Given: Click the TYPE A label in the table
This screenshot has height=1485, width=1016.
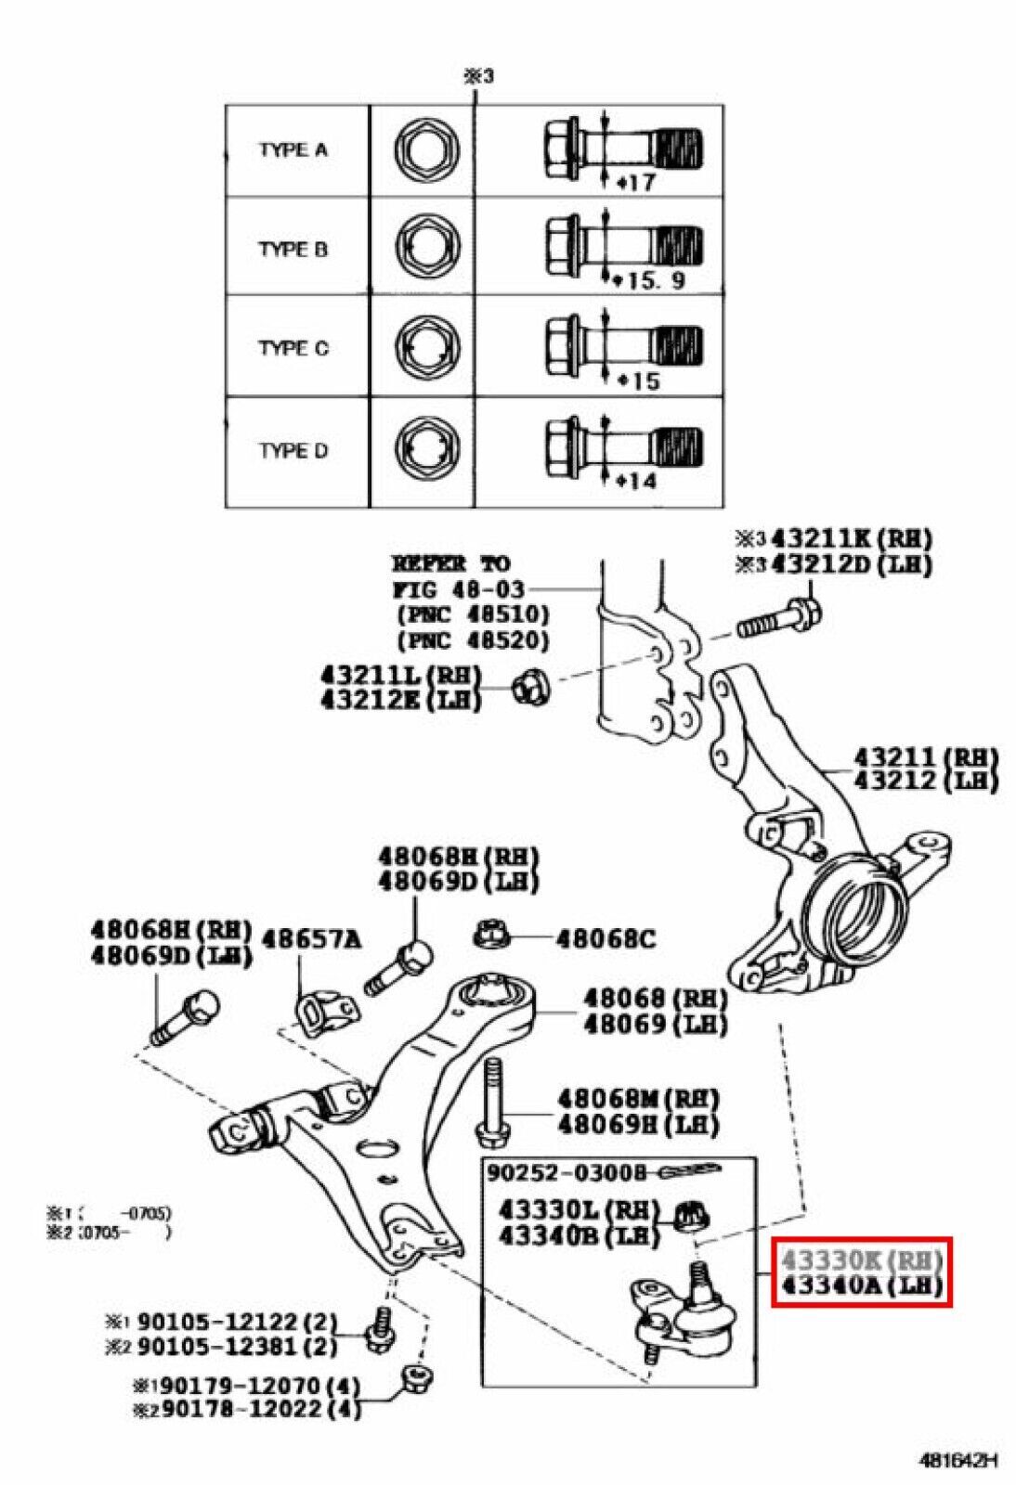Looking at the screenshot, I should (x=293, y=149).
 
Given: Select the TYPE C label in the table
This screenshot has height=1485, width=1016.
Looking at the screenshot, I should (x=293, y=348).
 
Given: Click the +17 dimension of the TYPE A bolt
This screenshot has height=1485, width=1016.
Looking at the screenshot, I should (x=636, y=183).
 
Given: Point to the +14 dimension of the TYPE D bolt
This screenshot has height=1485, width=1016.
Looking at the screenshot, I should (x=636, y=481).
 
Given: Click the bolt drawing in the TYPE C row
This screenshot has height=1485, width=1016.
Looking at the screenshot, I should (x=622, y=346).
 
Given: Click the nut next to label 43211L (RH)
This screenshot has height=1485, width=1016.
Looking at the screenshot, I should (x=532, y=688).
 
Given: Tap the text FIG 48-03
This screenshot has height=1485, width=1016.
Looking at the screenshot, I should (x=458, y=589).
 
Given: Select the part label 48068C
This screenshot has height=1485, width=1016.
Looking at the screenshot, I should (x=606, y=939).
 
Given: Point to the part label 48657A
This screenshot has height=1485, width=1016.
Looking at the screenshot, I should (x=310, y=939).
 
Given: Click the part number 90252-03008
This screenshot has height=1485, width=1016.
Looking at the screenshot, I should (x=566, y=1173).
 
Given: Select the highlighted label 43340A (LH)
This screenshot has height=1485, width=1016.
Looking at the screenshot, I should (x=861, y=1285).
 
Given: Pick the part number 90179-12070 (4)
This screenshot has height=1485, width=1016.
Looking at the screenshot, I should (x=247, y=1386).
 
